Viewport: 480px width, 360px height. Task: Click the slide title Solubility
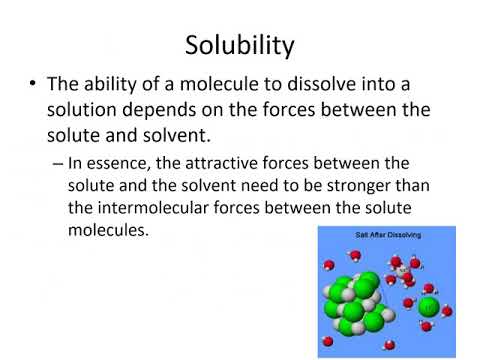[240, 45]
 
